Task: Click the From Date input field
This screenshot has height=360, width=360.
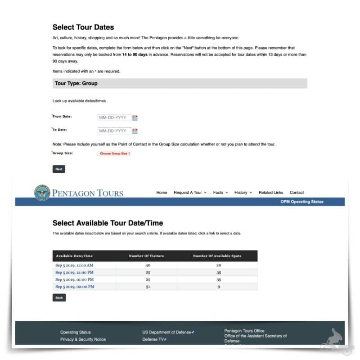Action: (x=114, y=118)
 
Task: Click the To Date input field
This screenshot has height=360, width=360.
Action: (x=114, y=131)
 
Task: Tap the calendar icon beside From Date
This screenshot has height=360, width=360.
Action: (x=135, y=118)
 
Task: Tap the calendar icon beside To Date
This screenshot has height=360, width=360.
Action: (x=135, y=131)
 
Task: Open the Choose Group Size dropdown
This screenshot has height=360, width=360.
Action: (x=115, y=153)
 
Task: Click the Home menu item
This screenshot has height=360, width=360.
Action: (x=162, y=193)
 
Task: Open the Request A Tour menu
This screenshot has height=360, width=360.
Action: (x=190, y=193)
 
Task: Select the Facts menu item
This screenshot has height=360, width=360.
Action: (x=220, y=193)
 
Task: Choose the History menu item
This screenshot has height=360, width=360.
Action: (x=243, y=193)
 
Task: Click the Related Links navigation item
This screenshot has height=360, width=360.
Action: (x=271, y=193)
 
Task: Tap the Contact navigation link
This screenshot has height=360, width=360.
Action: (x=297, y=193)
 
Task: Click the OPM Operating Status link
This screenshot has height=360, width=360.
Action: (x=301, y=202)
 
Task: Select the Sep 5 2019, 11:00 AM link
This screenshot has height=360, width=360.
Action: (x=74, y=265)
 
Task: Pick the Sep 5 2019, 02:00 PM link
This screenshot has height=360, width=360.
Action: (x=75, y=287)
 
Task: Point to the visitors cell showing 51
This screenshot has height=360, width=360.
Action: (x=146, y=287)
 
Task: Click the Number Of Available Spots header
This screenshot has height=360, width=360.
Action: (x=217, y=256)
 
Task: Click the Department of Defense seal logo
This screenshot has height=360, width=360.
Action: (x=42, y=193)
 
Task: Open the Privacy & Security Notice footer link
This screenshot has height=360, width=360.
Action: (x=83, y=339)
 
